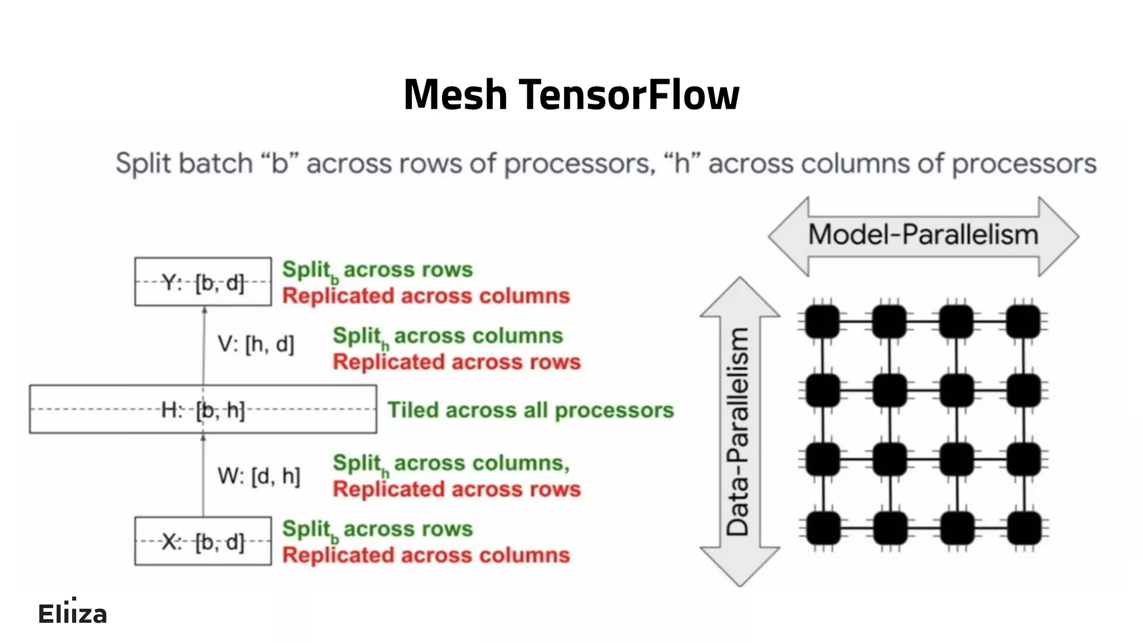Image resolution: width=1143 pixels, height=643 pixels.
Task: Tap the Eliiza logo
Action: point(72,613)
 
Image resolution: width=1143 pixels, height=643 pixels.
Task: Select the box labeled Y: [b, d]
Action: point(203,282)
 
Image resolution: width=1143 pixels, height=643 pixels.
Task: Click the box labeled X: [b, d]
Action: point(203,541)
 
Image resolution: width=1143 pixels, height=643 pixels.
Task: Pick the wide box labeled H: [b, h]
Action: point(203,409)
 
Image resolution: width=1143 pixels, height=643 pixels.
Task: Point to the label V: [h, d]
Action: point(256,344)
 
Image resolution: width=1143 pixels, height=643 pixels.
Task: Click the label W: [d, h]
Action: point(259,476)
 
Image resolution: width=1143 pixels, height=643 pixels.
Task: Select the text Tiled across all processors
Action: point(530,410)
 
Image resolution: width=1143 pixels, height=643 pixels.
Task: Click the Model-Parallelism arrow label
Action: point(923,235)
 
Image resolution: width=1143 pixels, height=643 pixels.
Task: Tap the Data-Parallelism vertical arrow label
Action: point(738,431)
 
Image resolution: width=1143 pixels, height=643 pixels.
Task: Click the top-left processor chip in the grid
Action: point(822,321)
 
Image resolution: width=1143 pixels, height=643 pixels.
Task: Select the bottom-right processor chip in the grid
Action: point(1024,528)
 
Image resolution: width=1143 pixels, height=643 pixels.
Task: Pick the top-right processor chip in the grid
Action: point(1023,321)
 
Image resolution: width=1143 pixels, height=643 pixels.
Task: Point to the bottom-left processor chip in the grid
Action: point(823,528)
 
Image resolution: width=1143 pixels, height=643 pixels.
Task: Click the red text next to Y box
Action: point(426,296)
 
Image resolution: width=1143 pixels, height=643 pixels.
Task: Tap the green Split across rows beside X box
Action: point(377,529)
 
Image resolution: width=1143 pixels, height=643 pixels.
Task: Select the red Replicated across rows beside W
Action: point(457,490)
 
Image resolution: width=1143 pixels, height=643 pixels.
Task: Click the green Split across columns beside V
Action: point(448,336)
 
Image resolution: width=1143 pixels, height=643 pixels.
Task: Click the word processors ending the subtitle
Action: point(1024,164)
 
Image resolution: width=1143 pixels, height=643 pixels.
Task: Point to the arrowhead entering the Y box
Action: point(204,310)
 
